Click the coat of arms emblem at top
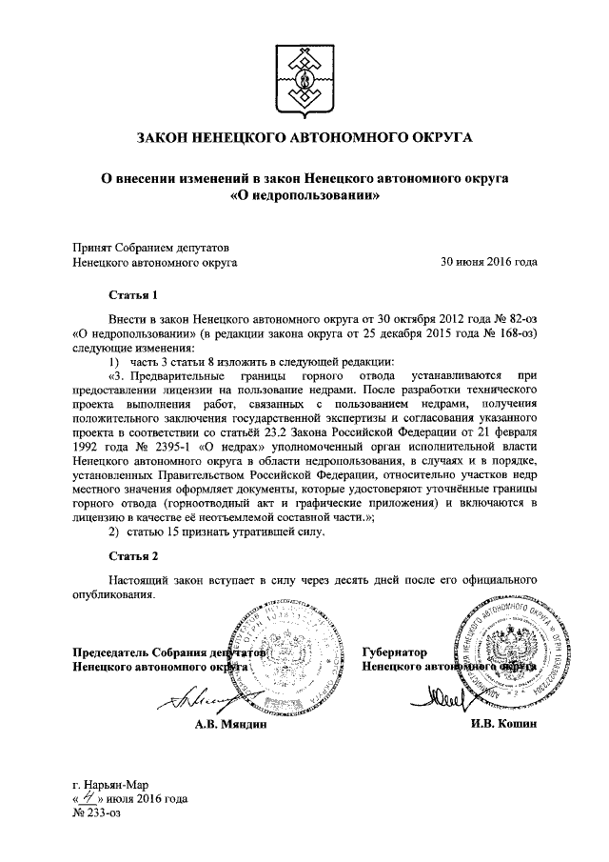point(304,71)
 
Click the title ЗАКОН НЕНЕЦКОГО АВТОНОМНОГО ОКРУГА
point(304,138)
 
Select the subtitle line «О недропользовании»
point(304,195)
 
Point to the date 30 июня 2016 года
point(488,260)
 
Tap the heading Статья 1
point(132,296)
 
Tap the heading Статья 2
point(132,554)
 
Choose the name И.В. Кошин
point(501,725)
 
